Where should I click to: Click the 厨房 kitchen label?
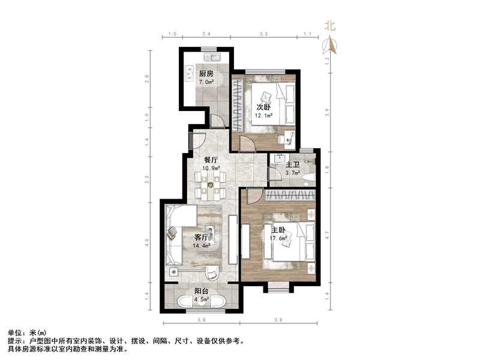tap(206, 74)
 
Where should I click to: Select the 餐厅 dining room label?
tap(210, 160)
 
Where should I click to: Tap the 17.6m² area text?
tap(278, 238)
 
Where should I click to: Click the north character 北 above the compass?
tap(329, 26)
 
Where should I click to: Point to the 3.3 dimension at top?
tap(263, 35)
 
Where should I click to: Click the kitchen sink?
tap(214, 58)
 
